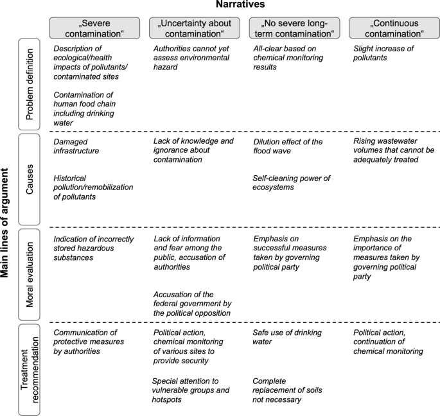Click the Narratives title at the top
pyautogui.click(x=241, y=5)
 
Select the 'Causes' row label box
pyautogui.click(x=30, y=178)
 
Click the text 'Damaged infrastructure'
pyautogui.click(x=77, y=146)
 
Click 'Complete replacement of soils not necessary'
pyautogui.click(x=286, y=390)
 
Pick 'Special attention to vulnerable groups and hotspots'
pyautogui.click(x=190, y=390)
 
